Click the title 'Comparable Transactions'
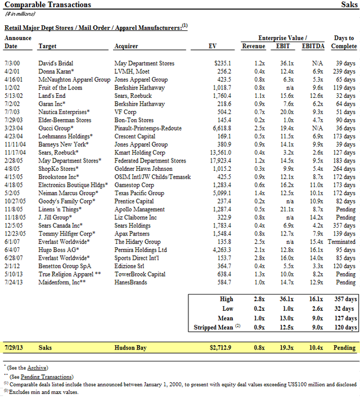click(48, 4)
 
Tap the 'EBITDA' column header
click(313, 46)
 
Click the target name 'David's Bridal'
click(55, 64)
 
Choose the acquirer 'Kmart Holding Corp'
click(139, 152)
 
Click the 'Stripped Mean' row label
click(213, 327)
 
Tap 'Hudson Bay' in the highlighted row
click(130, 348)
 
